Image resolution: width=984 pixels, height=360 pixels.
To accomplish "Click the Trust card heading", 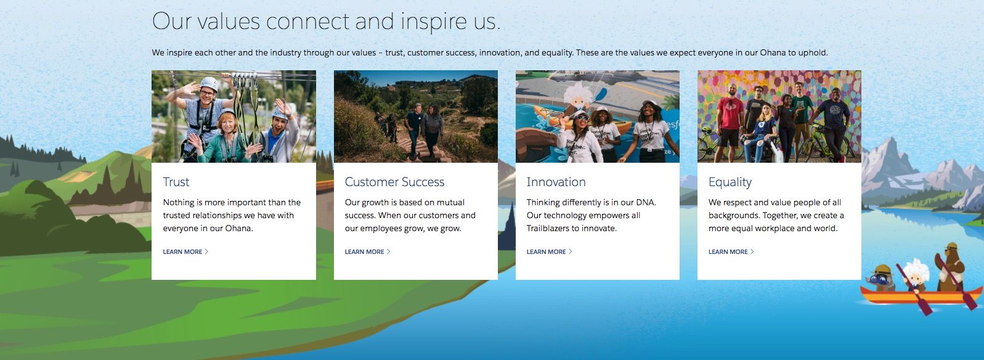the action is point(176,182).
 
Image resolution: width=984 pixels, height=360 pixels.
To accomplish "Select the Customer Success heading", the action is point(394,182).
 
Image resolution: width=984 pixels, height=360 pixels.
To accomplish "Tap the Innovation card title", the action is point(556,182).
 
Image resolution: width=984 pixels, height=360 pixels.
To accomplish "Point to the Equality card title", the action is point(730,182).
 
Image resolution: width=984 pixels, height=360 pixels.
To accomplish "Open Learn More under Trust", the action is point(185,252).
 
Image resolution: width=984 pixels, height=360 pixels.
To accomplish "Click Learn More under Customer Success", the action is point(367,252).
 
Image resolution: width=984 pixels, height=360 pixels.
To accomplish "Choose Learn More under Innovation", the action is point(549,252).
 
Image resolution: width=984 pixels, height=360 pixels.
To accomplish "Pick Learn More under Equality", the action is point(731,252).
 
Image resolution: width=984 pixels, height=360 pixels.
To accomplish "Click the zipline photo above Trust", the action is point(234,117).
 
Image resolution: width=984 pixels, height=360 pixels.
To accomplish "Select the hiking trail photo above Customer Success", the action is point(415,117).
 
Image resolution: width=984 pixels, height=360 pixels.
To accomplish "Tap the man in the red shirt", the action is point(729,121).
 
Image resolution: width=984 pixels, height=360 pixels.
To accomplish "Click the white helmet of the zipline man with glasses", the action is point(209,83).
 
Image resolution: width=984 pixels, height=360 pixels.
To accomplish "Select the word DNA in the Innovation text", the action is point(646,202).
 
